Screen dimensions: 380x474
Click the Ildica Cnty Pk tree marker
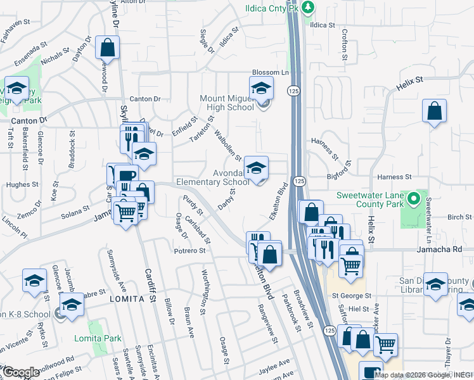308,8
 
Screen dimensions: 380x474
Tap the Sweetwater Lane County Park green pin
414,201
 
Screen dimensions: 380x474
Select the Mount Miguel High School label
227,103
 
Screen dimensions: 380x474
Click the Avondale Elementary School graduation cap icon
257,168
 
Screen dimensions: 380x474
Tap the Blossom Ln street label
270,72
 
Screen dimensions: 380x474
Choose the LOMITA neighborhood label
124,298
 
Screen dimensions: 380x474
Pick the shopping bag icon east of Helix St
435,111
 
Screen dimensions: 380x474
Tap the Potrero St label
190,251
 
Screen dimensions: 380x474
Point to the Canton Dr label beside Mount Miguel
145,99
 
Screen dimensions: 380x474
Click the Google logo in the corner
22,372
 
